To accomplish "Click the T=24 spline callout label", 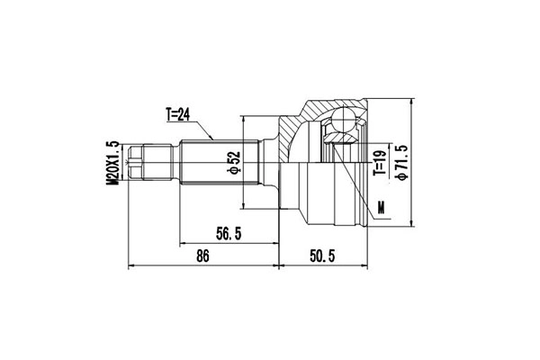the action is tap(177, 114).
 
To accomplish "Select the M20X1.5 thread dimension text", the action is tap(112, 163).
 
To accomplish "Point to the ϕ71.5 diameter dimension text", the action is tap(402, 163).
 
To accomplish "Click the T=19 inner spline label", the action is tap(380, 162).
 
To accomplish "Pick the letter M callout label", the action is tap(381, 207).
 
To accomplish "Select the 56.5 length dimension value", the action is tap(229, 234).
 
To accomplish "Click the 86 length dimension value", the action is tap(202, 256).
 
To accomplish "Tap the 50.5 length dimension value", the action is tap(322, 256).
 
